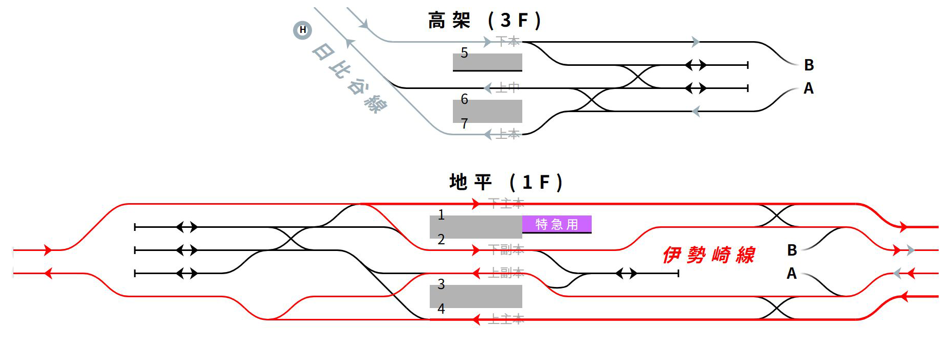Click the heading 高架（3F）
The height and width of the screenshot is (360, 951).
(485, 21)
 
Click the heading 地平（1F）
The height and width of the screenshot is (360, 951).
(506, 182)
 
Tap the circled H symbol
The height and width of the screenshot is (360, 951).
(302, 30)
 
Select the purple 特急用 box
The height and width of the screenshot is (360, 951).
(557, 224)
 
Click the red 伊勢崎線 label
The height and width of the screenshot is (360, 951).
(708, 255)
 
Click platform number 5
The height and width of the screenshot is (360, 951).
(464, 53)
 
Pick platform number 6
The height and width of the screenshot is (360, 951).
(464, 99)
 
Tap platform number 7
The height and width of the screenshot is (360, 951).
(464, 123)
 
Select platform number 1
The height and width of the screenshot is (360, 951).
(441, 215)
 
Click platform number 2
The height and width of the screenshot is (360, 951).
(441, 239)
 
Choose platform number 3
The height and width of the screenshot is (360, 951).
(441, 284)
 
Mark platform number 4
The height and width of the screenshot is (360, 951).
(441, 309)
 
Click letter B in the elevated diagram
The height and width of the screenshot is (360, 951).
(809, 65)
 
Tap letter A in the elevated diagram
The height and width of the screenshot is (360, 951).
(809, 89)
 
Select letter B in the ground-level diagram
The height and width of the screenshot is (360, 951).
(792, 250)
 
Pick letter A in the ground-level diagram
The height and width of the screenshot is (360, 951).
(792, 274)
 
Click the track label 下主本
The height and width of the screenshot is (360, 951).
(506, 204)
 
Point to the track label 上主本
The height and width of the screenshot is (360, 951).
(506, 319)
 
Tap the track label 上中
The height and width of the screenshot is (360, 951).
(508, 88)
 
